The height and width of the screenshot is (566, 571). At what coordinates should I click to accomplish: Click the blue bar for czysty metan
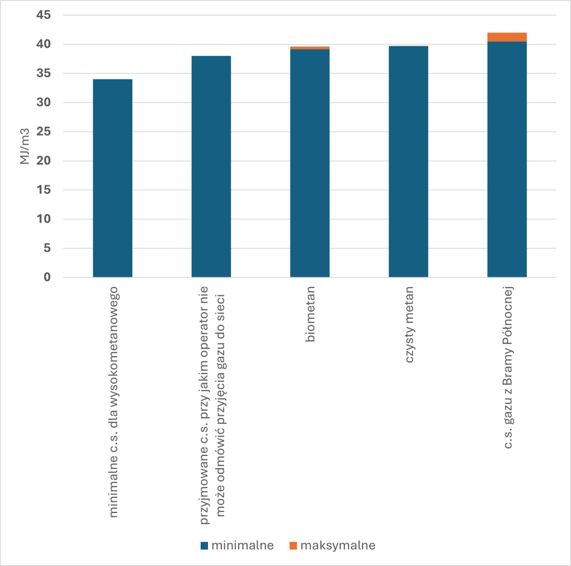click(408, 161)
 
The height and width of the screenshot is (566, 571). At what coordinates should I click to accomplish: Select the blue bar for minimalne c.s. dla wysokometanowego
click(113, 178)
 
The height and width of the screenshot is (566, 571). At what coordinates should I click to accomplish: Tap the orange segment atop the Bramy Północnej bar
click(507, 37)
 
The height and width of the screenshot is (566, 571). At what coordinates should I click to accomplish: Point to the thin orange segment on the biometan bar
click(310, 48)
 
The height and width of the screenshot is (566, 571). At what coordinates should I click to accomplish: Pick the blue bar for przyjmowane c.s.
click(211, 166)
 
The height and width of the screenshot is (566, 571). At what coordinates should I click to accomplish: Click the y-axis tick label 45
click(43, 15)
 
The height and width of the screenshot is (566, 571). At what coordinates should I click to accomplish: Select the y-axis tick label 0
click(47, 277)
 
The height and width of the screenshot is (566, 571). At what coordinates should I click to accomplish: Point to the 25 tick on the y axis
click(43, 132)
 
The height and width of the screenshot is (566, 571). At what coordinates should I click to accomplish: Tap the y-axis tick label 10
click(43, 219)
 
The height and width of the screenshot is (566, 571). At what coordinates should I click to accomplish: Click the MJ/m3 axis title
click(25, 146)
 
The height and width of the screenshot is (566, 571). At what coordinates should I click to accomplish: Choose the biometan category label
click(310, 314)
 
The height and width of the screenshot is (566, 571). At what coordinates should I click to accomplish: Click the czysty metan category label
click(409, 324)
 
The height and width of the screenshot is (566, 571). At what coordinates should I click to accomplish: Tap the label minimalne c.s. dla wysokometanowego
click(113, 402)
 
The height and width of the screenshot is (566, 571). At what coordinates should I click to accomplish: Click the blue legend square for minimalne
click(204, 545)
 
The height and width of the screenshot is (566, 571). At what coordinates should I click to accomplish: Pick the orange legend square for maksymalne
click(293, 545)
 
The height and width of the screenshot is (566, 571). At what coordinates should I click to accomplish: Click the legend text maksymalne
click(338, 545)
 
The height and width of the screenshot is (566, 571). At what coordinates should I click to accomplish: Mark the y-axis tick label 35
click(43, 73)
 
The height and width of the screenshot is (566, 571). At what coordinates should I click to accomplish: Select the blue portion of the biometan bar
click(310, 164)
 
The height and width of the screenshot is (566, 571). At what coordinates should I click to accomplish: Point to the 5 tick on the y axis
click(47, 248)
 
